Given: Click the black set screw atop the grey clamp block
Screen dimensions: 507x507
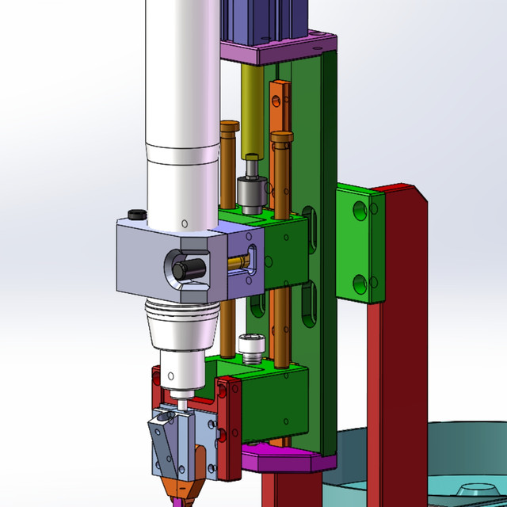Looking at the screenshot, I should point(136,214).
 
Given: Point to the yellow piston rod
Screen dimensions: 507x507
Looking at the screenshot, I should point(252,111).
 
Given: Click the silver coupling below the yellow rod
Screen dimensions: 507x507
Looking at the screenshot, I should point(252,191).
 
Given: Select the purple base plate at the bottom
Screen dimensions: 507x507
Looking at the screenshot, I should point(289,459).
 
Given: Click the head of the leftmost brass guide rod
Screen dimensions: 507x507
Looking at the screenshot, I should point(230,126).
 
